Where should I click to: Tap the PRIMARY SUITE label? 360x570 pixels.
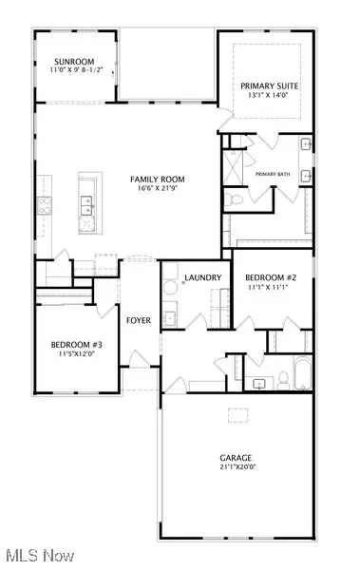click(x=270, y=86)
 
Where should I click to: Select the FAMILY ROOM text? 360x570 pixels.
click(x=158, y=179)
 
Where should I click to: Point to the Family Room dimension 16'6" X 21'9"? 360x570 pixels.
click(x=158, y=188)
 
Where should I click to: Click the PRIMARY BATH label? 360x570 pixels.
click(x=272, y=173)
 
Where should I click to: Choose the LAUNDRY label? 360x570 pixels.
click(x=203, y=277)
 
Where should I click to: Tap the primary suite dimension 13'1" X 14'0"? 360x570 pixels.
click(x=270, y=96)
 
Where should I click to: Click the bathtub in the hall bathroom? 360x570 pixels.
click(x=301, y=373)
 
